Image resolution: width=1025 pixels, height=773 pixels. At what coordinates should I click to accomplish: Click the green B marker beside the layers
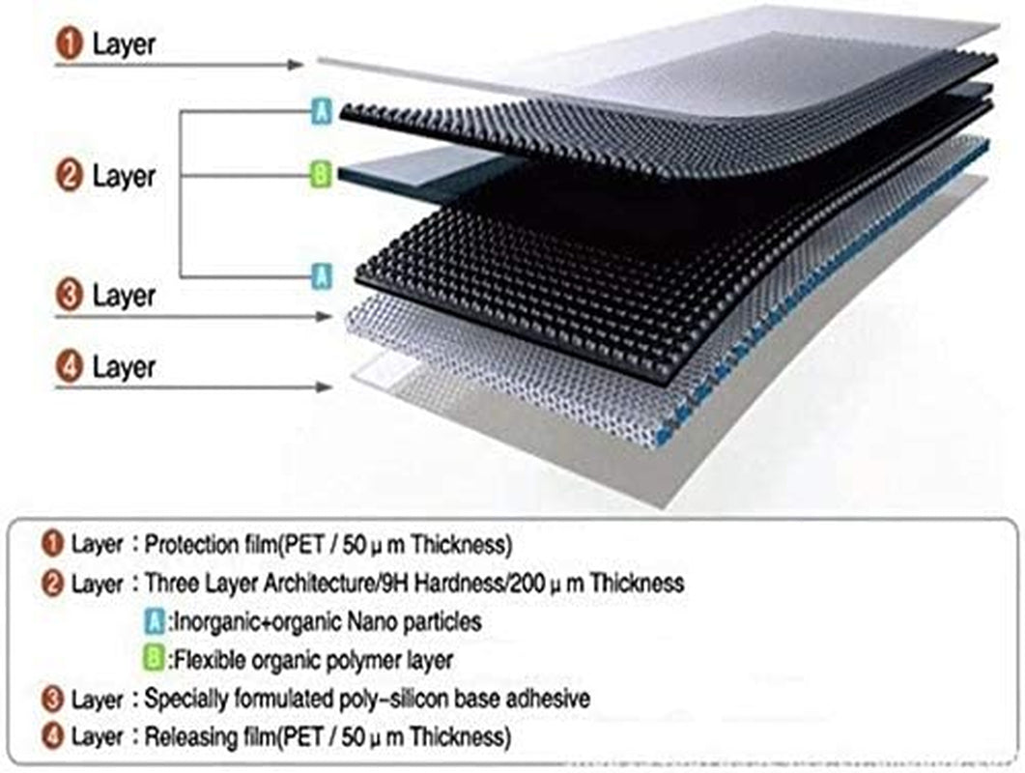(321, 175)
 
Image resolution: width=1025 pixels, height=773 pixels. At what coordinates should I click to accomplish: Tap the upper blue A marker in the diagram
(322, 112)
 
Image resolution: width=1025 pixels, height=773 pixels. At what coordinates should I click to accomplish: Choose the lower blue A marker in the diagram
(322, 276)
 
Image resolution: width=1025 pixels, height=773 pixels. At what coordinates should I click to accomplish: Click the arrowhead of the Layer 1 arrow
(298, 65)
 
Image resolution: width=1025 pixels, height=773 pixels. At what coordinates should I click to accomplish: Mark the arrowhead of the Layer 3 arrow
(326, 315)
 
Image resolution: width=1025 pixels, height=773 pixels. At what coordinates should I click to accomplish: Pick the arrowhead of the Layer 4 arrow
(326, 387)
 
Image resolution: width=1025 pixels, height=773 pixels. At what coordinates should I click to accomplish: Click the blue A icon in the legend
(152, 622)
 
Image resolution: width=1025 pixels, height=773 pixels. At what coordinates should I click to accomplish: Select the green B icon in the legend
(152, 661)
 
